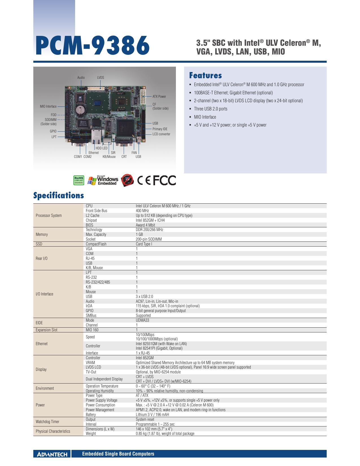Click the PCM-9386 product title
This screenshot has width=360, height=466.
click(92, 46)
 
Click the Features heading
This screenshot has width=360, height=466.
click(205, 75)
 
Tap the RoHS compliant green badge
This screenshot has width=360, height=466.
click(79, 180)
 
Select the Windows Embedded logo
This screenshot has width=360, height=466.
click(103, 180)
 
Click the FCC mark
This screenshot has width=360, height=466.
click(164, 180)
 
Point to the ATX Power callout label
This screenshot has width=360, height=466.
click(159, 97)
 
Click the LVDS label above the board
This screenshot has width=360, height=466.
click(101, 78)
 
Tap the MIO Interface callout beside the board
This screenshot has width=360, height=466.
click(48, 106)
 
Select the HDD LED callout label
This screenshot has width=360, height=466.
click(101, 148)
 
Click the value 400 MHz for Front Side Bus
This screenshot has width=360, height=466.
click(142, 211)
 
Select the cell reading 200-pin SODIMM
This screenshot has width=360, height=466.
click(149, 239)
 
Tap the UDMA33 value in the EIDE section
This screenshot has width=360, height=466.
click(142, 320)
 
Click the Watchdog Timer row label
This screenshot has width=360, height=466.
click(47, 422)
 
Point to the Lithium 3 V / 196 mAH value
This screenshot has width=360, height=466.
click(152, 415)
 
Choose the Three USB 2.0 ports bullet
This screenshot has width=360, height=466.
click(211, 109)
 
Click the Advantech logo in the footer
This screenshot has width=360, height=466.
click(52, 454)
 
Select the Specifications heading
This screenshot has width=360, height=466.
click(58, 195)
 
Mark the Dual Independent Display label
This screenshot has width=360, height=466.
click(104, 379)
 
